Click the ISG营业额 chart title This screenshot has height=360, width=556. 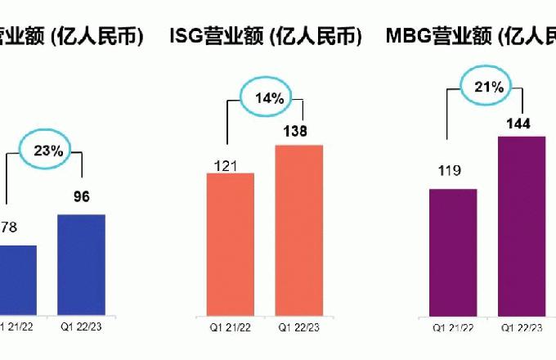[x=265, y=36]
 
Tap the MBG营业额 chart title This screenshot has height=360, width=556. [x=470, y=36]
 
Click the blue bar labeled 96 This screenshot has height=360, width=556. [x=81, y=264]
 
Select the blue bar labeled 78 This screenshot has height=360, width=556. [x=16, y=279]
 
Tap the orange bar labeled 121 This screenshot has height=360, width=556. [x=231, y=244]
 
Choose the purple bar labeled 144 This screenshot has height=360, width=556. [x=521, y=225]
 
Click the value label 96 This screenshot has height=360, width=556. [x=81, y=196]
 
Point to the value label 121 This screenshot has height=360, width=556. [x=226, y=166]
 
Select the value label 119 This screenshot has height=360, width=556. [x=449, y=171]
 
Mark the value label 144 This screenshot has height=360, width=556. [x=518, y=124]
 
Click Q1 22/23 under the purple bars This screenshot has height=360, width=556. [x=521, y=327]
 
